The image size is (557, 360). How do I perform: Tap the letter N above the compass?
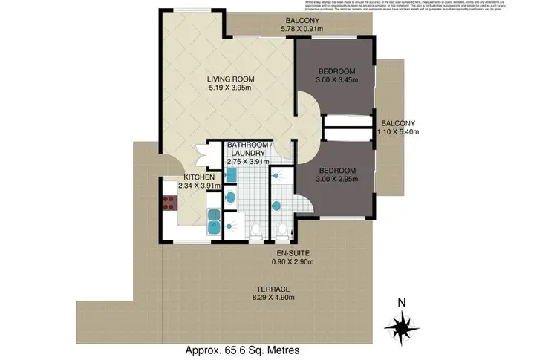pyautogui.click(x=402, y=302)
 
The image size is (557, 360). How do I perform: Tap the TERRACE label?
pyautogui.click(x=270, y=288)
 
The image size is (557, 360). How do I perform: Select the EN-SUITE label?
pyautogui.click(x=291, y=252)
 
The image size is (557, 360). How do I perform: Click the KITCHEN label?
pyautogui.click(x=200, y=177)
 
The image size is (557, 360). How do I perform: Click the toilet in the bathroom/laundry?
pyautogui.click(x=255, y=229)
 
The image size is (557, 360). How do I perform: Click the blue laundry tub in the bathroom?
pyautogui.click(x=231, y=175)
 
